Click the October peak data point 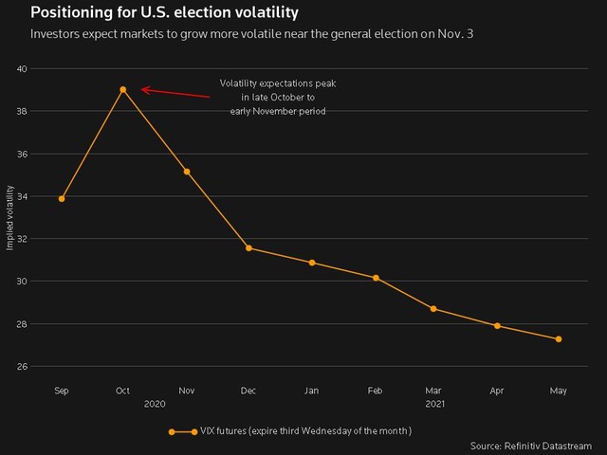123,90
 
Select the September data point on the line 62,199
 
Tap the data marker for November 187,172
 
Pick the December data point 249,248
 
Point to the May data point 559,339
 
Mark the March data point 433,309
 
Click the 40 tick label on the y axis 22,69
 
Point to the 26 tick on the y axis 22,367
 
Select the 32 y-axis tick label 22,239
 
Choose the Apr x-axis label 496,390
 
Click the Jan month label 310,390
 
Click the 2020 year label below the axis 155,404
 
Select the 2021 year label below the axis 433,404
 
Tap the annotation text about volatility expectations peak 278,98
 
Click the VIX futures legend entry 290,431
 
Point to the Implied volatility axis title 9,218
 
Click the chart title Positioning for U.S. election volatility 151,13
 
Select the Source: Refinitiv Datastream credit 530,445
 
